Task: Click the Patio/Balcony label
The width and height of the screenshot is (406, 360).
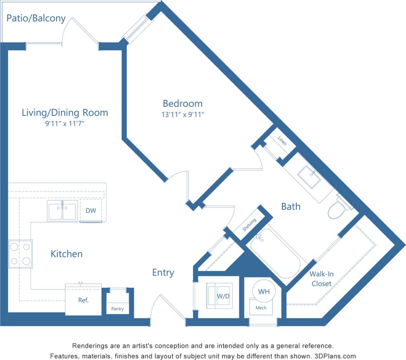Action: tap(36, 18)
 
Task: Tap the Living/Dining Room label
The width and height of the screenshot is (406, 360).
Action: tap(65, 113)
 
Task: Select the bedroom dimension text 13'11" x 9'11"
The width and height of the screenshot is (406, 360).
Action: tap(183, 115)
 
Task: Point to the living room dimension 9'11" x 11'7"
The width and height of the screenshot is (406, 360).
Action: tap(65, 123)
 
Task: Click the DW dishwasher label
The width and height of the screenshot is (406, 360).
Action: tap(91, 211)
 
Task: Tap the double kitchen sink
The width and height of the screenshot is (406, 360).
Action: tap(62, 211)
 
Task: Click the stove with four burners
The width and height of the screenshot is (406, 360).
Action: tap(20, 254)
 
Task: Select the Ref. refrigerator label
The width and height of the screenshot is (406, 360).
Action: tap(83, 300)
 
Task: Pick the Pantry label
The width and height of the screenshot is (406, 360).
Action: tap(117, 309)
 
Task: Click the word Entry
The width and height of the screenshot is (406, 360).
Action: tap(163, 272)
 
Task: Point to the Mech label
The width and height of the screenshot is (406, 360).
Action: tap(261, 308)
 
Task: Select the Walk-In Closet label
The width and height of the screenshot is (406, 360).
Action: tap(321, 279)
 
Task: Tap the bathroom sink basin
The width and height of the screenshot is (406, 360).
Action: tap(309, 177)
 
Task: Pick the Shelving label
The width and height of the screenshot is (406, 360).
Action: tap(249, 225)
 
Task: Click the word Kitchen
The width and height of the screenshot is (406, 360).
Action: tap(66, 254)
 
